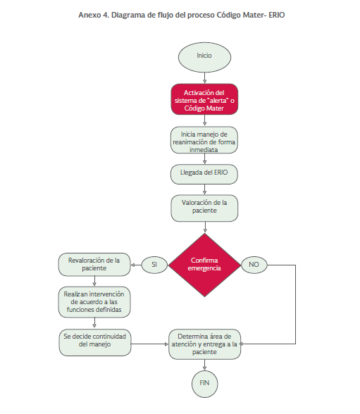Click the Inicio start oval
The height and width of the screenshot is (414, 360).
pos(204,57)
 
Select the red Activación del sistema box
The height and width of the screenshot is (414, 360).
pos(204,99)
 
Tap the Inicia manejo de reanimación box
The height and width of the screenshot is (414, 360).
pos(204,140)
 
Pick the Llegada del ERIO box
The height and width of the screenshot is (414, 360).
pos(204,175)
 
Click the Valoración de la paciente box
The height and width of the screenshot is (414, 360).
pos(204,208)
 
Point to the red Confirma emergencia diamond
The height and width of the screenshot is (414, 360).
pos(204,265)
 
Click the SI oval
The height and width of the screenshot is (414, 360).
pos(154,265)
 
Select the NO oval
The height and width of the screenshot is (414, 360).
pos(254,265)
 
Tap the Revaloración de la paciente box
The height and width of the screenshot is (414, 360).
pos(94,265)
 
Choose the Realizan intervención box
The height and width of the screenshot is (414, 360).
pos(94,302)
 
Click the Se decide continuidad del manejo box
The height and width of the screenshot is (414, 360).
pos(95,342)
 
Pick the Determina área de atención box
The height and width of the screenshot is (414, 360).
pos(205,344)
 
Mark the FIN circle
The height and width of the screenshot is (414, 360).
pos(205,384)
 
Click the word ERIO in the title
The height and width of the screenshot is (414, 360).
pos(277,15)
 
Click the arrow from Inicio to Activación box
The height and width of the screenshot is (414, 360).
pos(204,78)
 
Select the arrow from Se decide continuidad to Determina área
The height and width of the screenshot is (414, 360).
pos(150,344)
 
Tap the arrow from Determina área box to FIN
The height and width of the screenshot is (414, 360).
pos(205,365)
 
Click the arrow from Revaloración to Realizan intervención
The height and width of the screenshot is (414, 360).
pos(94,282)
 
